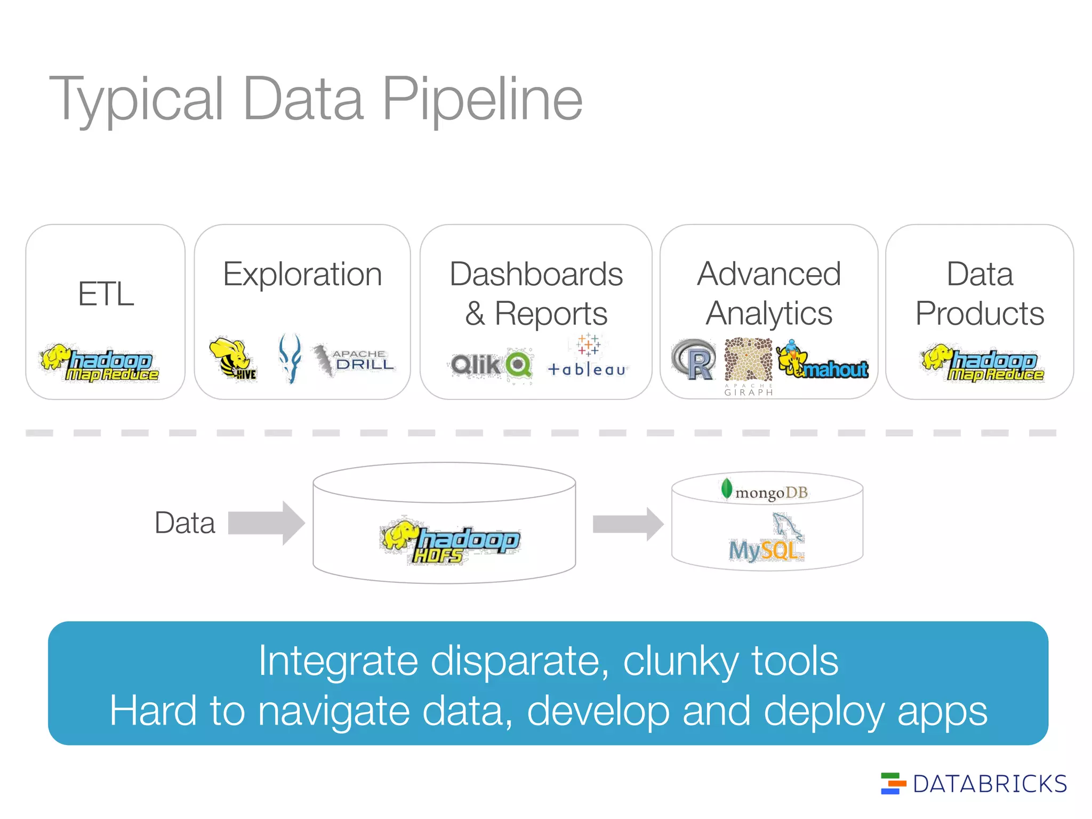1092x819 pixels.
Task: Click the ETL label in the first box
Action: (x=106, y=294)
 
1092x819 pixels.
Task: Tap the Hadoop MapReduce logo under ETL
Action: (x=100, y=363)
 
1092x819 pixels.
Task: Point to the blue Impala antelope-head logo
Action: (x=291, y=358)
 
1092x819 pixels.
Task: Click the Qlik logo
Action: (x=491, y=365)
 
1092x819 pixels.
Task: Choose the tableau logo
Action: (x=588, y=357)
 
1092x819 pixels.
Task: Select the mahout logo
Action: (x=823, y=362)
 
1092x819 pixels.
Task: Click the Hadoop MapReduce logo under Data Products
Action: (x=982, y=363)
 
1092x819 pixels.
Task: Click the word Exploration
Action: (x=302, y=275)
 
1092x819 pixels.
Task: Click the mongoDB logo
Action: (x=765, y=491)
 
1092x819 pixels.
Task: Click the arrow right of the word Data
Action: (x=266, y=523)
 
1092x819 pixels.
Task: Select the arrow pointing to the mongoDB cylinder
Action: (x=628, y=524)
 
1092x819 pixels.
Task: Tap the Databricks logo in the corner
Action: (x=973, y=784)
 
